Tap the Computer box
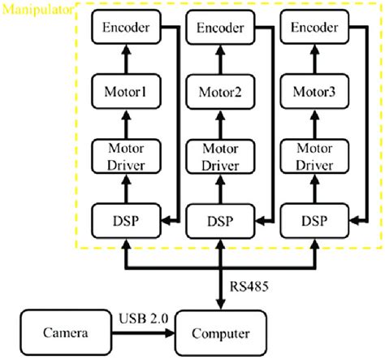(219, 333)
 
